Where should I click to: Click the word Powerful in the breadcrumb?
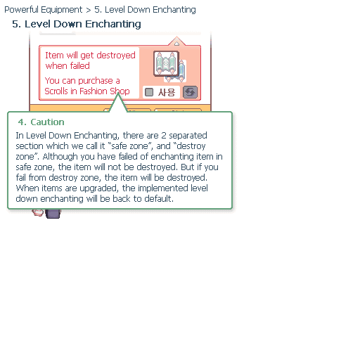(21, 10)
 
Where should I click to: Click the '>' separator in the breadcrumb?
(89, 11)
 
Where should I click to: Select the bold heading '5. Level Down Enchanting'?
(77, 24)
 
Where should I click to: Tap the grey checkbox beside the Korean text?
(149, 92)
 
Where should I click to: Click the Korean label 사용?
(167, 92)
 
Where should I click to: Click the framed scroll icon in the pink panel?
(167, 63)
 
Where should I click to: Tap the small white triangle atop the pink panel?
(177, 44)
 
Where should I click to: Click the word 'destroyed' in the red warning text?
(116, 56)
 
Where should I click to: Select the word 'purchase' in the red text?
(96, 81)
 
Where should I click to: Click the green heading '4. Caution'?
(41, 122)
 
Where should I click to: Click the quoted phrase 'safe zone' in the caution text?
(130, 146)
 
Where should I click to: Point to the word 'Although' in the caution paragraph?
(60, 157)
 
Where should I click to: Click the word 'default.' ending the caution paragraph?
(159, 199)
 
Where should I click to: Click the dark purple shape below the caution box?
(53, 213)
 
